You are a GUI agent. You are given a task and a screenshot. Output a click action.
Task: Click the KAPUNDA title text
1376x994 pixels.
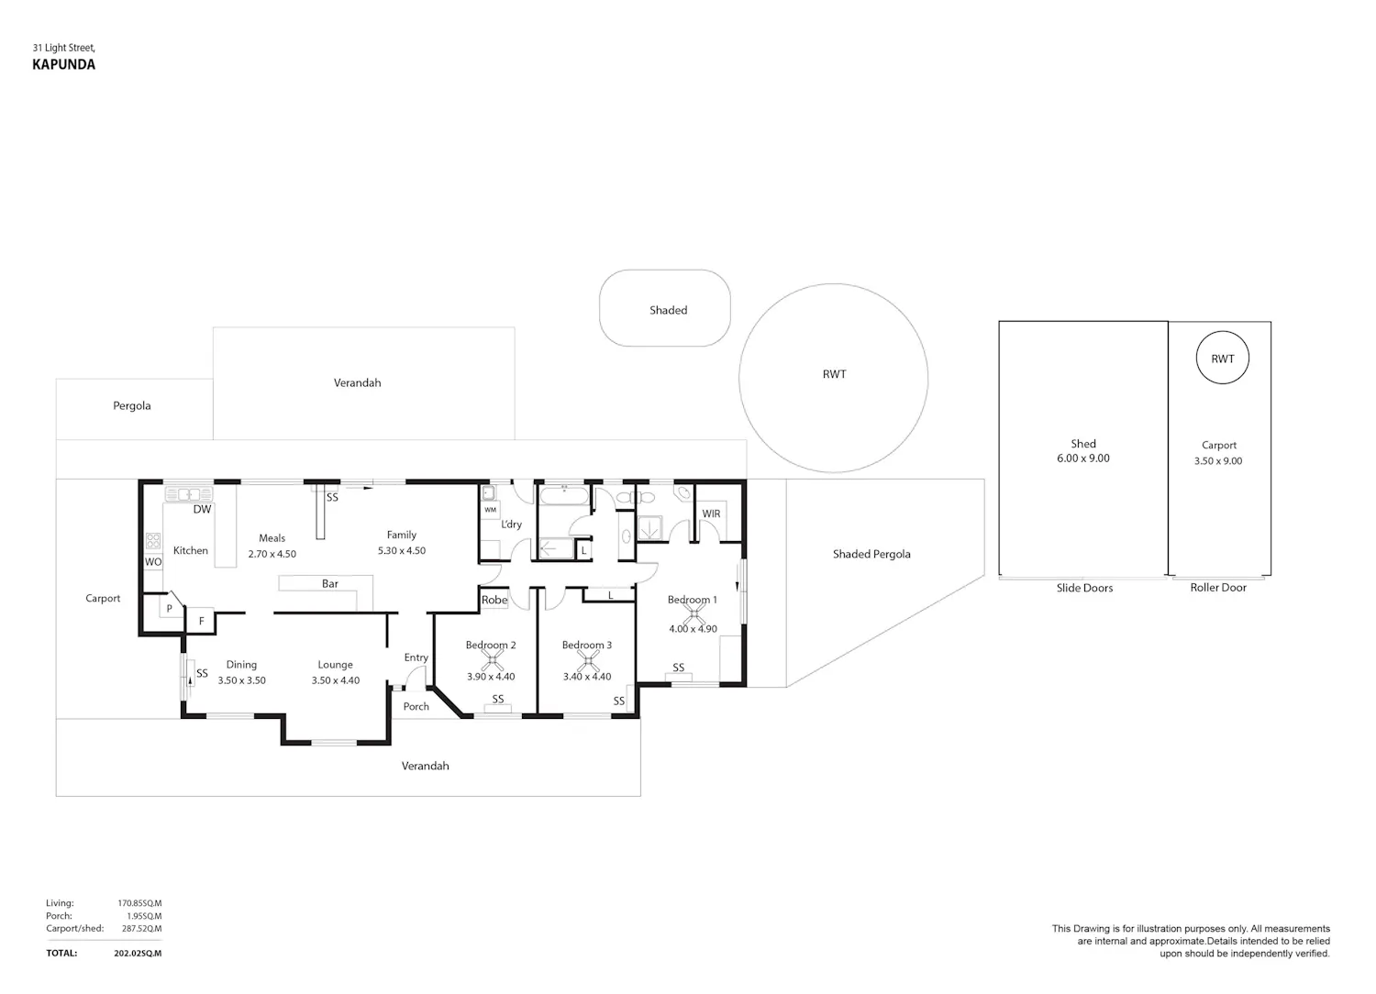pos(64,64)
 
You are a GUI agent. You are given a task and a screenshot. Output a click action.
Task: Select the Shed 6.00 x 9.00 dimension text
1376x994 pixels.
pos(1083,458)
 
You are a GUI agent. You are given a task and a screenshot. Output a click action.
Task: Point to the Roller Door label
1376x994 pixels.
pos(1218,588)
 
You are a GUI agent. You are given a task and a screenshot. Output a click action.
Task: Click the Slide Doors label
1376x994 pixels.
pos(1084,588)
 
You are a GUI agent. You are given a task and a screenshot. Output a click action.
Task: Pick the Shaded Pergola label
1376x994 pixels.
pos(871,554)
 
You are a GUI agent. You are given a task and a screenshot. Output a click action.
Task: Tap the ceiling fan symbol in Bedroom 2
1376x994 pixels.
pos(492,660)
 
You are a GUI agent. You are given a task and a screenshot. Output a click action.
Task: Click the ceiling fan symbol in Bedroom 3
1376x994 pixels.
pos(588,660)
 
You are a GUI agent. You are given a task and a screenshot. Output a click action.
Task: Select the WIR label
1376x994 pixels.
pos(711,514)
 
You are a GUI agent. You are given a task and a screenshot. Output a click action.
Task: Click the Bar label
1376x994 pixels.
pos(330,583)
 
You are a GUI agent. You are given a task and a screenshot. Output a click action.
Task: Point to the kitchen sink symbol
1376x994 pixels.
pos(189,493)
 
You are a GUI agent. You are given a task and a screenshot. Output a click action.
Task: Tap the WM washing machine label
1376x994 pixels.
pos(490,510)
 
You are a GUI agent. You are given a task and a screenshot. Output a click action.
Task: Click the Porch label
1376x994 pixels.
pos(416,706)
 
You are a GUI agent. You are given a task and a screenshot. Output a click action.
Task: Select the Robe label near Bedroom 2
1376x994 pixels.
pos(494,600)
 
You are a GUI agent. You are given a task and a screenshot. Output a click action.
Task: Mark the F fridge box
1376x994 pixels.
pos(201,621)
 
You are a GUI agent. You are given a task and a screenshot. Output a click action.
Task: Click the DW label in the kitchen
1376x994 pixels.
pos(202,509)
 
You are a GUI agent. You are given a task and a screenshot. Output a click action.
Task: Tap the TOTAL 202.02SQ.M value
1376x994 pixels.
pos(138,954)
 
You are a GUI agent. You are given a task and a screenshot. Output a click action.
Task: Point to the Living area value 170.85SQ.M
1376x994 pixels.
pos(139,903)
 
